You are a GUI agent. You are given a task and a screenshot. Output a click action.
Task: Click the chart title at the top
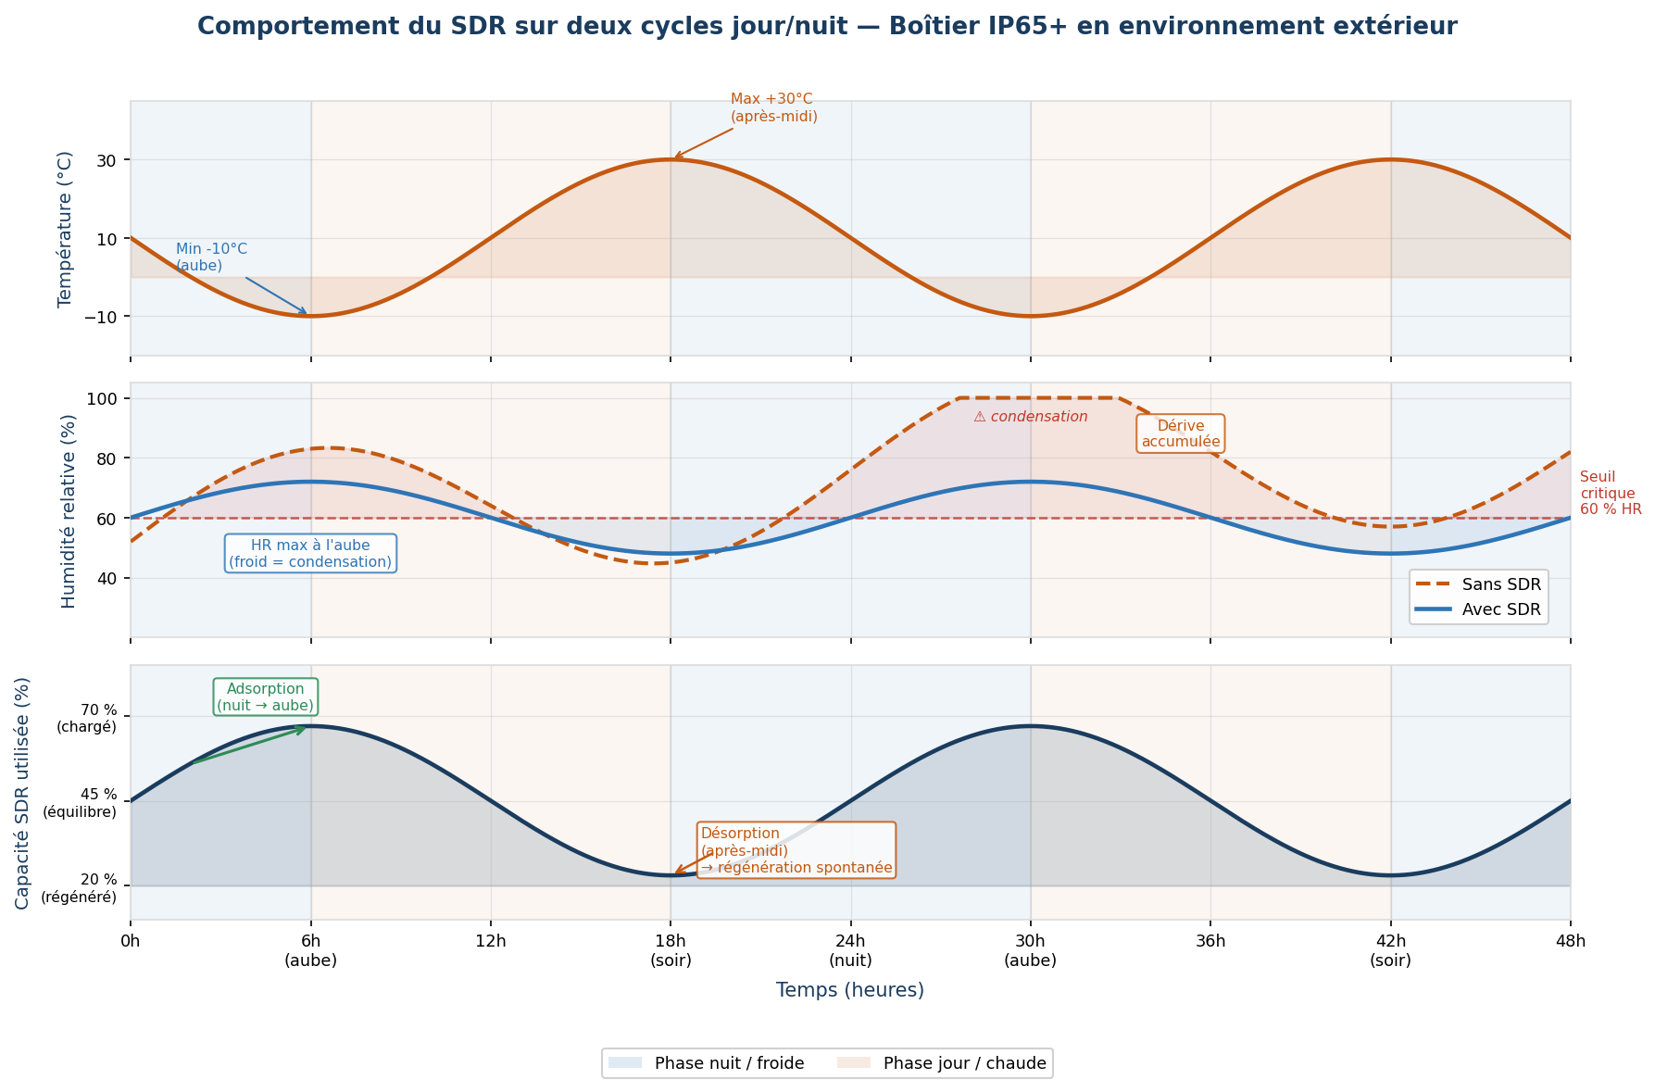tap(827, 27)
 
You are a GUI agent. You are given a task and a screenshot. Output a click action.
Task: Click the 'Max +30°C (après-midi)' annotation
tap(773, 107)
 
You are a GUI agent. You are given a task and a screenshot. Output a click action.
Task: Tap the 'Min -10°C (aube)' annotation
tap(211, 257)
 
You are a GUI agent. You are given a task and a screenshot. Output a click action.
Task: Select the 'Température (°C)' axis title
tap(65, 229)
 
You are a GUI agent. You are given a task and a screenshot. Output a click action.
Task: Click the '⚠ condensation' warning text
tap(1030, 417)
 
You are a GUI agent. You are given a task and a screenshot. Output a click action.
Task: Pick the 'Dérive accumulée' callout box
tap(1180, 433)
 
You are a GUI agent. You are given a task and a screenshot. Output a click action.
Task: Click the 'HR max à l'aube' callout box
tap(310, 553)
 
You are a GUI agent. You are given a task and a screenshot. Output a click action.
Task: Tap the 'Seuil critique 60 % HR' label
tap(1610, 493)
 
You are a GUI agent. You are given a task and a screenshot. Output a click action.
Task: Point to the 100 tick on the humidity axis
tap(102, 398)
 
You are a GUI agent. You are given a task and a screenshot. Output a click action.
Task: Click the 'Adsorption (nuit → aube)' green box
tap(266, 697)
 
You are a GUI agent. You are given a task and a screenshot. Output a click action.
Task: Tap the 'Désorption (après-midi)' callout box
tap(796, 850)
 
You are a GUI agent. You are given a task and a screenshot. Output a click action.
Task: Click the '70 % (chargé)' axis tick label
tap(86, 718)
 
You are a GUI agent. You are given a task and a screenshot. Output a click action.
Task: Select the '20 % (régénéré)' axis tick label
tap(79, 887)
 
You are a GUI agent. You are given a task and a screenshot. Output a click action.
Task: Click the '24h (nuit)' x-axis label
tap(850, 951)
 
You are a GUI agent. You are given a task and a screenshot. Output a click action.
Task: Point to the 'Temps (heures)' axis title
tap(849, 990)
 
